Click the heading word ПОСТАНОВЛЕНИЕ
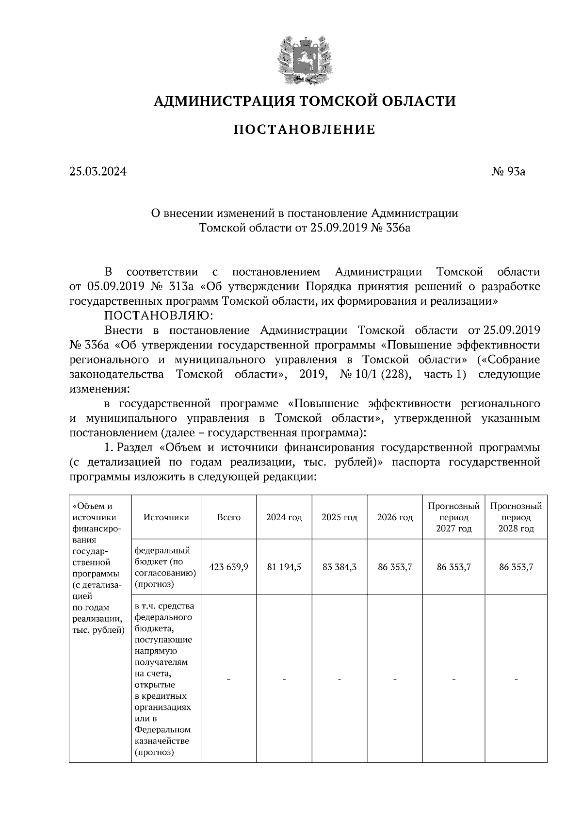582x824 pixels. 305,130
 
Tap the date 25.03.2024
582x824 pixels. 97,171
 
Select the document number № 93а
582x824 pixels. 508,171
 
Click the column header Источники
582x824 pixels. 166,517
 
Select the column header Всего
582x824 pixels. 228,517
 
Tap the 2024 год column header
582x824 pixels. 284,517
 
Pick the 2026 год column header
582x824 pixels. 395,517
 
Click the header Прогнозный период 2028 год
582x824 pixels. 516,517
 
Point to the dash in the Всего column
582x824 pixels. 228,679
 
